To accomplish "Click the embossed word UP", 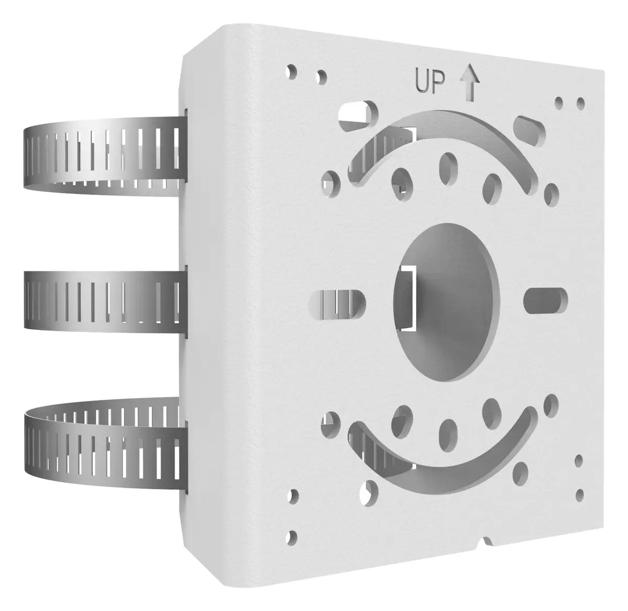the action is pos(430,82).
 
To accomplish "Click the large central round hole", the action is pos(446,302).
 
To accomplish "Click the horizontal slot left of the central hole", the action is pos(337,304).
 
